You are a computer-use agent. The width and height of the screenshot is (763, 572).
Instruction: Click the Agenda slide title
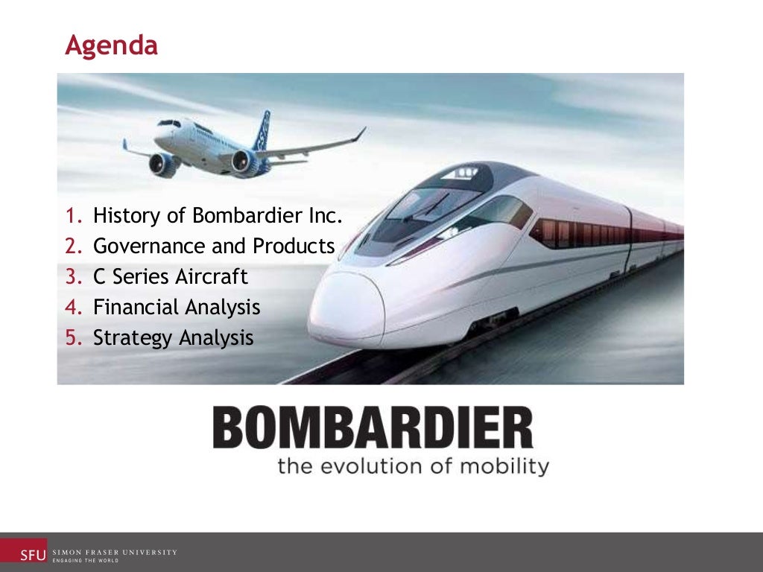tap(111, 46)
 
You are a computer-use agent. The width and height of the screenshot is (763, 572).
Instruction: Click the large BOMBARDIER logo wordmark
tap(373, 428)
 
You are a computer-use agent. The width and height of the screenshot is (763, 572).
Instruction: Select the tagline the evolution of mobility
tap(413, 467)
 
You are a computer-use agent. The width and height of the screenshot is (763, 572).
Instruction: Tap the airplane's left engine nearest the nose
tap(162, 164)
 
